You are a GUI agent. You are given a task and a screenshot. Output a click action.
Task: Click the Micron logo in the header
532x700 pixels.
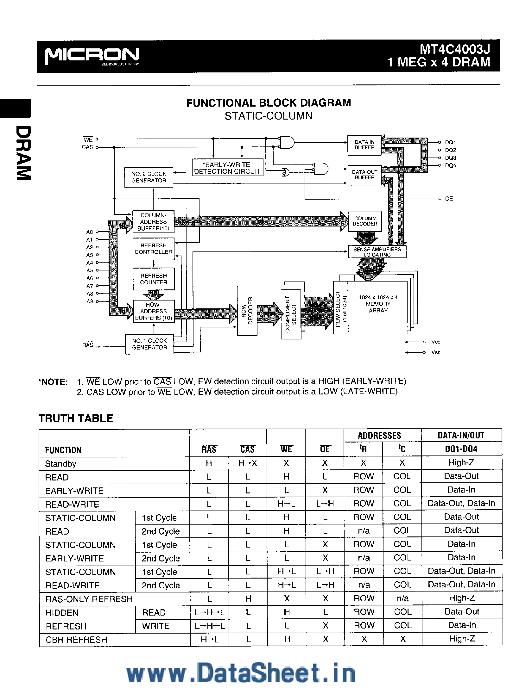pos(92,56)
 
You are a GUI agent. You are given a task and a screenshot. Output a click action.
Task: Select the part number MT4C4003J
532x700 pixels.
pos(455,49)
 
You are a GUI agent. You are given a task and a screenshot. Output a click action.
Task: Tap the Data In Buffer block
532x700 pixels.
pos(364,145)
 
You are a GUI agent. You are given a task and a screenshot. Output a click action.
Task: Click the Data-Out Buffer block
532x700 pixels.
pos(364,175)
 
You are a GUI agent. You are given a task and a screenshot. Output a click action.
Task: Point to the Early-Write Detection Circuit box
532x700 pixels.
pos(227,168)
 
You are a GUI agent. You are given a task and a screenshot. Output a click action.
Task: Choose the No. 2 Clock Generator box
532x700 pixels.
pos(149,177)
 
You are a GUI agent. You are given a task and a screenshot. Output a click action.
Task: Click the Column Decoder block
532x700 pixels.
pos(365,221)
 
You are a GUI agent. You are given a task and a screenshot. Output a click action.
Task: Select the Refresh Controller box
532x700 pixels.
pos(153,249)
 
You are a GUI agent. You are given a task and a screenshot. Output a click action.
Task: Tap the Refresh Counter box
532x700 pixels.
pos(153,279)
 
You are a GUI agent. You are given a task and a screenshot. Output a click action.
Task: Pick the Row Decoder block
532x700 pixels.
pos(247,310)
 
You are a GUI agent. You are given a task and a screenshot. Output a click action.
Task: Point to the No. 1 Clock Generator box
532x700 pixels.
pos(149,344)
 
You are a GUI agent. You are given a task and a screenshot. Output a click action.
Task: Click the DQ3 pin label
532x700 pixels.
pos(450,158)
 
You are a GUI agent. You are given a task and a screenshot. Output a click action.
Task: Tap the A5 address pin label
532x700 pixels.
pos(90,270)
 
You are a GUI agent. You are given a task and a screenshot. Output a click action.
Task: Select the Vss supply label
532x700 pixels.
pos(436,353)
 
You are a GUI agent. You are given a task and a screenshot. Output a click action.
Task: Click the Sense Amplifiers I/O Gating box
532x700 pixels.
pos(377,252)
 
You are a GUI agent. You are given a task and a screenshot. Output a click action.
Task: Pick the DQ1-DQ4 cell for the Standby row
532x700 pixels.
pos(461,463)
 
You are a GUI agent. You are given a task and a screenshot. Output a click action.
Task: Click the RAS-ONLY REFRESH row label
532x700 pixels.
pos(89,599)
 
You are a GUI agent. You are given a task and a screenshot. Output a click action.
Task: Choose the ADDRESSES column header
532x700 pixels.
pos(379,436)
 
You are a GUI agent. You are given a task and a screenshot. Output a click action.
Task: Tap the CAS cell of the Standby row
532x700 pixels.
pos(247,463)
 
